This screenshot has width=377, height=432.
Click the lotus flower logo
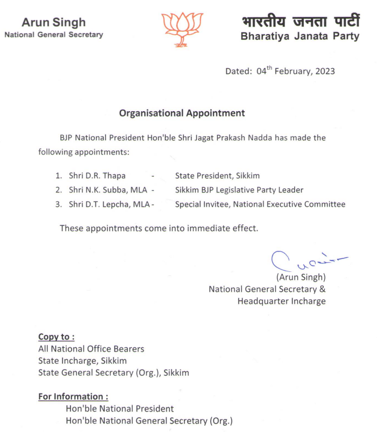[x=182, y=28]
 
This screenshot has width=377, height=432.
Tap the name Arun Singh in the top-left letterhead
[x=53, y=23]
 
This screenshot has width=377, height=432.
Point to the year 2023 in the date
[x=324, y=72]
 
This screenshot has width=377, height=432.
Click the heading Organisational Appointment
[x=182, y=113]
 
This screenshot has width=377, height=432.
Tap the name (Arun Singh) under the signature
[x=300, y=277]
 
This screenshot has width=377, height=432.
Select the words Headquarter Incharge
[x=282, y=301]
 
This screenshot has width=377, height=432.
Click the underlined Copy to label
[x=56, y=337]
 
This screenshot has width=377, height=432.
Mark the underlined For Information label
[x=73, y=396]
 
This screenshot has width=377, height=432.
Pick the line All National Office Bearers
[x=91, y=349]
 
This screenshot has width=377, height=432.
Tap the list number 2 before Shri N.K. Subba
[x=58, y=190]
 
